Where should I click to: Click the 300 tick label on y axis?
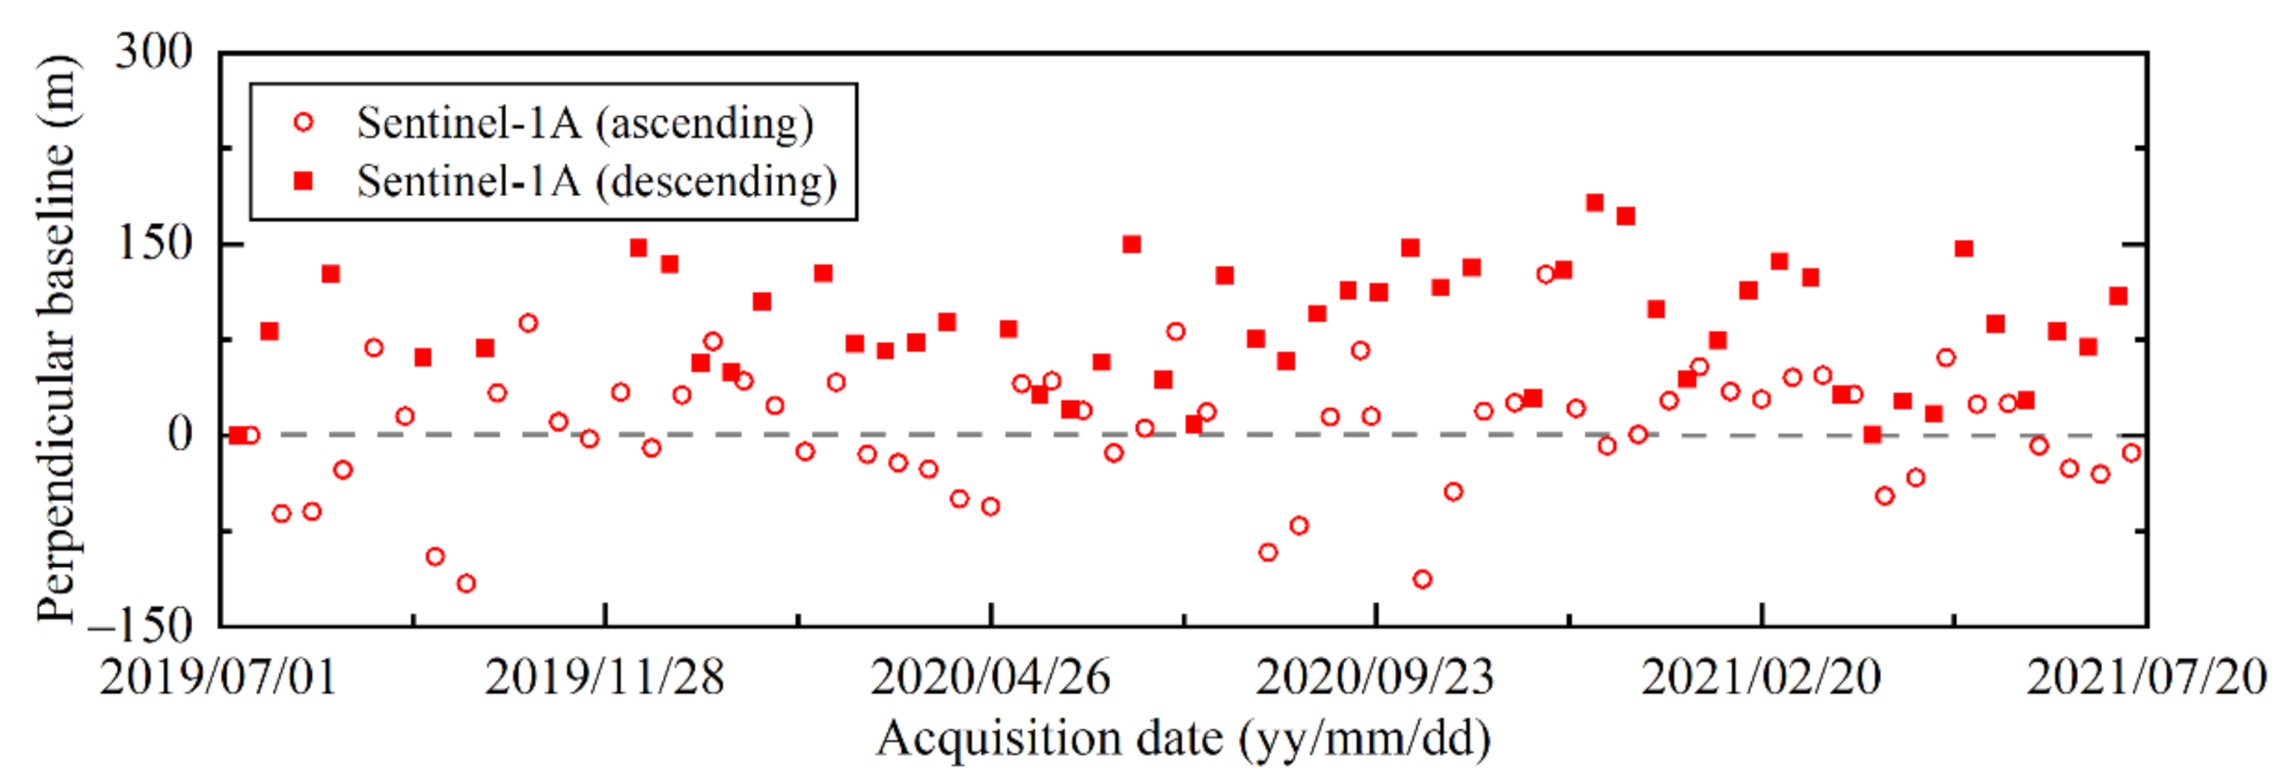(x=153, y=52)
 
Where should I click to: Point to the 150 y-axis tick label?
(x=155, y=243)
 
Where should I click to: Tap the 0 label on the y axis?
(x=180, y=435)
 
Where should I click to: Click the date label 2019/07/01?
(x=218, y=677)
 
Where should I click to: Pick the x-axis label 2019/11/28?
(x=604, y=677)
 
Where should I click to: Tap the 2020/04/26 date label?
(x=990, y=677)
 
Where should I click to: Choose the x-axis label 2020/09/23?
(x=1375, y=677)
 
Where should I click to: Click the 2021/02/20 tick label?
(x=1761, y=677)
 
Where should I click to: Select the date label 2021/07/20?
(x=2146, y=677)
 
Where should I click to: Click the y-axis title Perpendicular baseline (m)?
(x=56, y=338)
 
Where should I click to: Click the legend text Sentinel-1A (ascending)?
(x=585, y=123)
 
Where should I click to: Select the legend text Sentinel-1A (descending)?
(x=596, y=181)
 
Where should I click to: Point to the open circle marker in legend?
(x=304, y=122)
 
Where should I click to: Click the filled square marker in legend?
(x=304, y=181)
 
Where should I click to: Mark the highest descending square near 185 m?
(x=1595, y=202)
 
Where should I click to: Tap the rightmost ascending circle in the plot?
(x=2132, y=453)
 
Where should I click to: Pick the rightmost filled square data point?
(x=2118, y=296)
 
